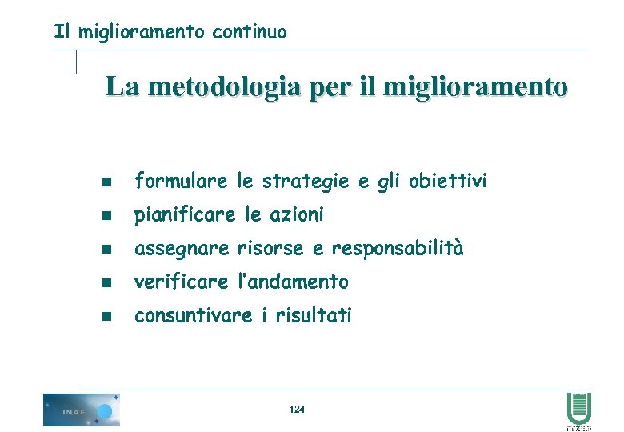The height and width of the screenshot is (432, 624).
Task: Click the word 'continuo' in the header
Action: pyautogui.click(x=250, y=33)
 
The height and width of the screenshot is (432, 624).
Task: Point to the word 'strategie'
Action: pyautogui.click(x=309, y=182)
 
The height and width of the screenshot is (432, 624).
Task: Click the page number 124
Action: pyautogui.click(x=296, y=410)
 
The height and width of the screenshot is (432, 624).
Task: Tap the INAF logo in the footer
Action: pyautogui.click(x=81, y=410)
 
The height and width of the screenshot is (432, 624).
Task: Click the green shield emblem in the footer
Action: pyautogui.click(x=578, y=407)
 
